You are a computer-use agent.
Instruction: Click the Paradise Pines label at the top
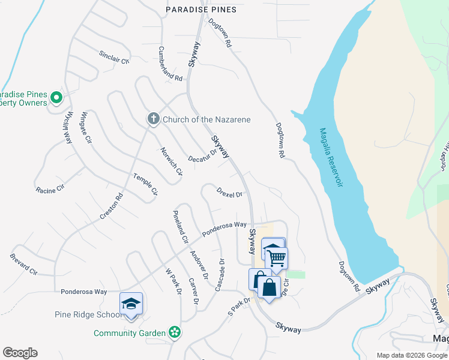[201, 10]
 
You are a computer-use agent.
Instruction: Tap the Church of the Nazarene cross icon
[153, 119]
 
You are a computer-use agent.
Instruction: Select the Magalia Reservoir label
[331, 157]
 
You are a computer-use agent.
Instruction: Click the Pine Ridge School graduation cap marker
[131, 303]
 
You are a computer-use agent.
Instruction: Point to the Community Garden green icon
[174, 332]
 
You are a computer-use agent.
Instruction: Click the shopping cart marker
[277, 258]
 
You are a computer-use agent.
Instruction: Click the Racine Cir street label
[49, 190]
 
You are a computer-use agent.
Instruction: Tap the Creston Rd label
[112, 205]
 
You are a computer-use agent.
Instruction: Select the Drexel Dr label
[230, 194]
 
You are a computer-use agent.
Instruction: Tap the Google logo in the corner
[20, 353]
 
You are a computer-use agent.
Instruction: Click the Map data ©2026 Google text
[412, 355]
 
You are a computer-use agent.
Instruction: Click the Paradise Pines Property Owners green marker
[56, 97]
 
